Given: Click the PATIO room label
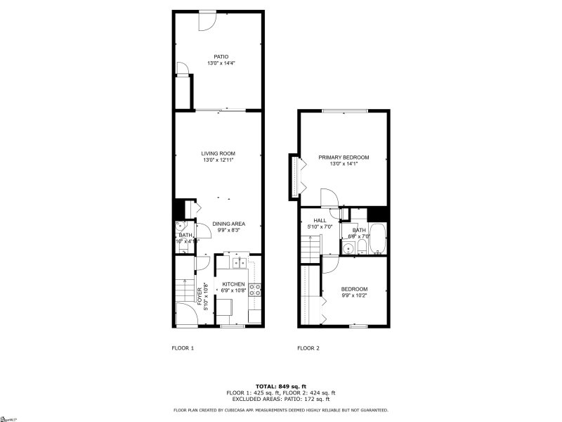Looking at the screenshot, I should pos(221,57).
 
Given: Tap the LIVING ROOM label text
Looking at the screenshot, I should pos(218,153).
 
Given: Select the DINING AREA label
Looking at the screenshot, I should pos(229,224).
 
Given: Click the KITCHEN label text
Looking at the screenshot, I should pos(233,284).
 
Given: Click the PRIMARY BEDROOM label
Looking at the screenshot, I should pos(344,158).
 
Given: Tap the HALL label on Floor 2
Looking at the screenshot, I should pos(320,220).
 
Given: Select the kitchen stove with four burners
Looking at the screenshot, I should pos(254,288).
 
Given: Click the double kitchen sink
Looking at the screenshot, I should pos(239,263).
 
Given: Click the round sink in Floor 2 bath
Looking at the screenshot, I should pos(348,248).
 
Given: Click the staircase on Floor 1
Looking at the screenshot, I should pos(184,289).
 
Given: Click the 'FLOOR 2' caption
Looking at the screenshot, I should pos(308,348).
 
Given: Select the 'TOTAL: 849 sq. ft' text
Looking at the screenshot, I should pos(280,386).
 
